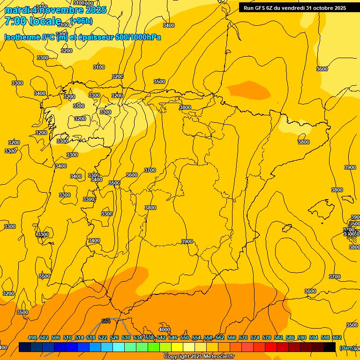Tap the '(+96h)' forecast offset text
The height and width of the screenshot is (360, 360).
(x=82, y=21)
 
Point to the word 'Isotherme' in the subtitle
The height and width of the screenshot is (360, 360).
(x=22, y=37)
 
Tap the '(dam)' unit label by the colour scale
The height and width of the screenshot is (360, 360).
(x=347, y=348)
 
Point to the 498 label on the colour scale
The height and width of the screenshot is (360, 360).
(x=32, y=337)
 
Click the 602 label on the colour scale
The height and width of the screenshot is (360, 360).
(x=337, y=337)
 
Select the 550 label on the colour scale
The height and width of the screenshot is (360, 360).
(x=185, y=337)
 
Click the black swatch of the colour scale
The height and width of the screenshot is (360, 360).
(x=330, y=347)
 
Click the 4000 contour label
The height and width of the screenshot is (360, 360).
(x=165, y=330)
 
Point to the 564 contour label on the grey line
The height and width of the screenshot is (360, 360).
(x=106, y=321)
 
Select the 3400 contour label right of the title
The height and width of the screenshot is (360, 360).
(x=169, y=25)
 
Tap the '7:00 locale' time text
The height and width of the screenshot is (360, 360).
(x=33, y=21)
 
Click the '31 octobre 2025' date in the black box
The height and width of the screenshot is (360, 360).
(x=326, y=7)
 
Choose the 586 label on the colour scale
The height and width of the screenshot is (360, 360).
(x=290, y=337)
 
